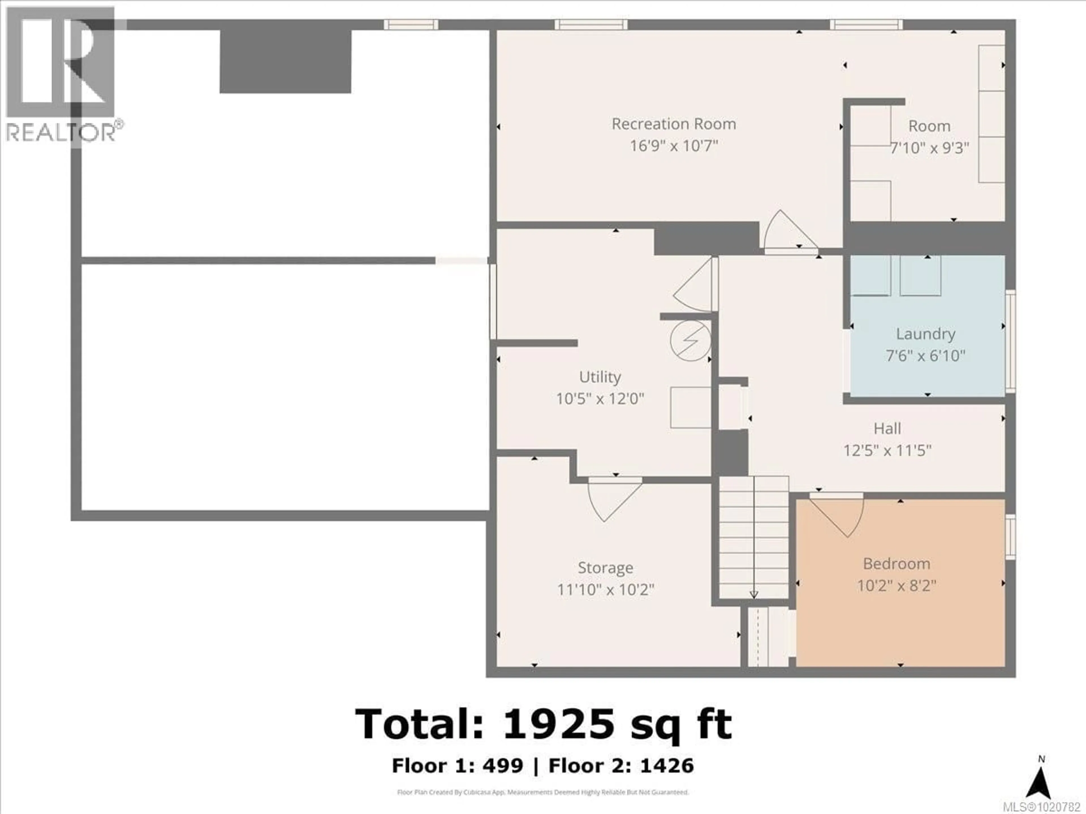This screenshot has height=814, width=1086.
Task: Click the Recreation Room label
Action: point(674,124)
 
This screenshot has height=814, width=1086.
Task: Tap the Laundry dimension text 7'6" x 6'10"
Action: point(925,356)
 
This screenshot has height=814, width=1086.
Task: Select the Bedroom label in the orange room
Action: point(897,564)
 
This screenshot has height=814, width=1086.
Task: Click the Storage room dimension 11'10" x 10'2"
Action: point(605,589)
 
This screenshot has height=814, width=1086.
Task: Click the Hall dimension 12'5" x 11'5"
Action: point(887,451)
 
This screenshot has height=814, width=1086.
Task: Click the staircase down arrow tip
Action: point(754,595)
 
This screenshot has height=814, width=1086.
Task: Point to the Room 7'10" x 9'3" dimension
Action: point(929,148)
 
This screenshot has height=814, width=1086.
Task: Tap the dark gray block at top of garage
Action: point(285,61)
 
